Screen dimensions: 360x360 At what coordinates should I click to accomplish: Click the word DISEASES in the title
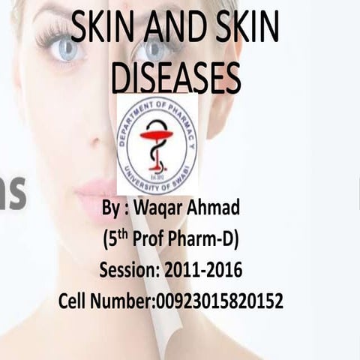(176, 77)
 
